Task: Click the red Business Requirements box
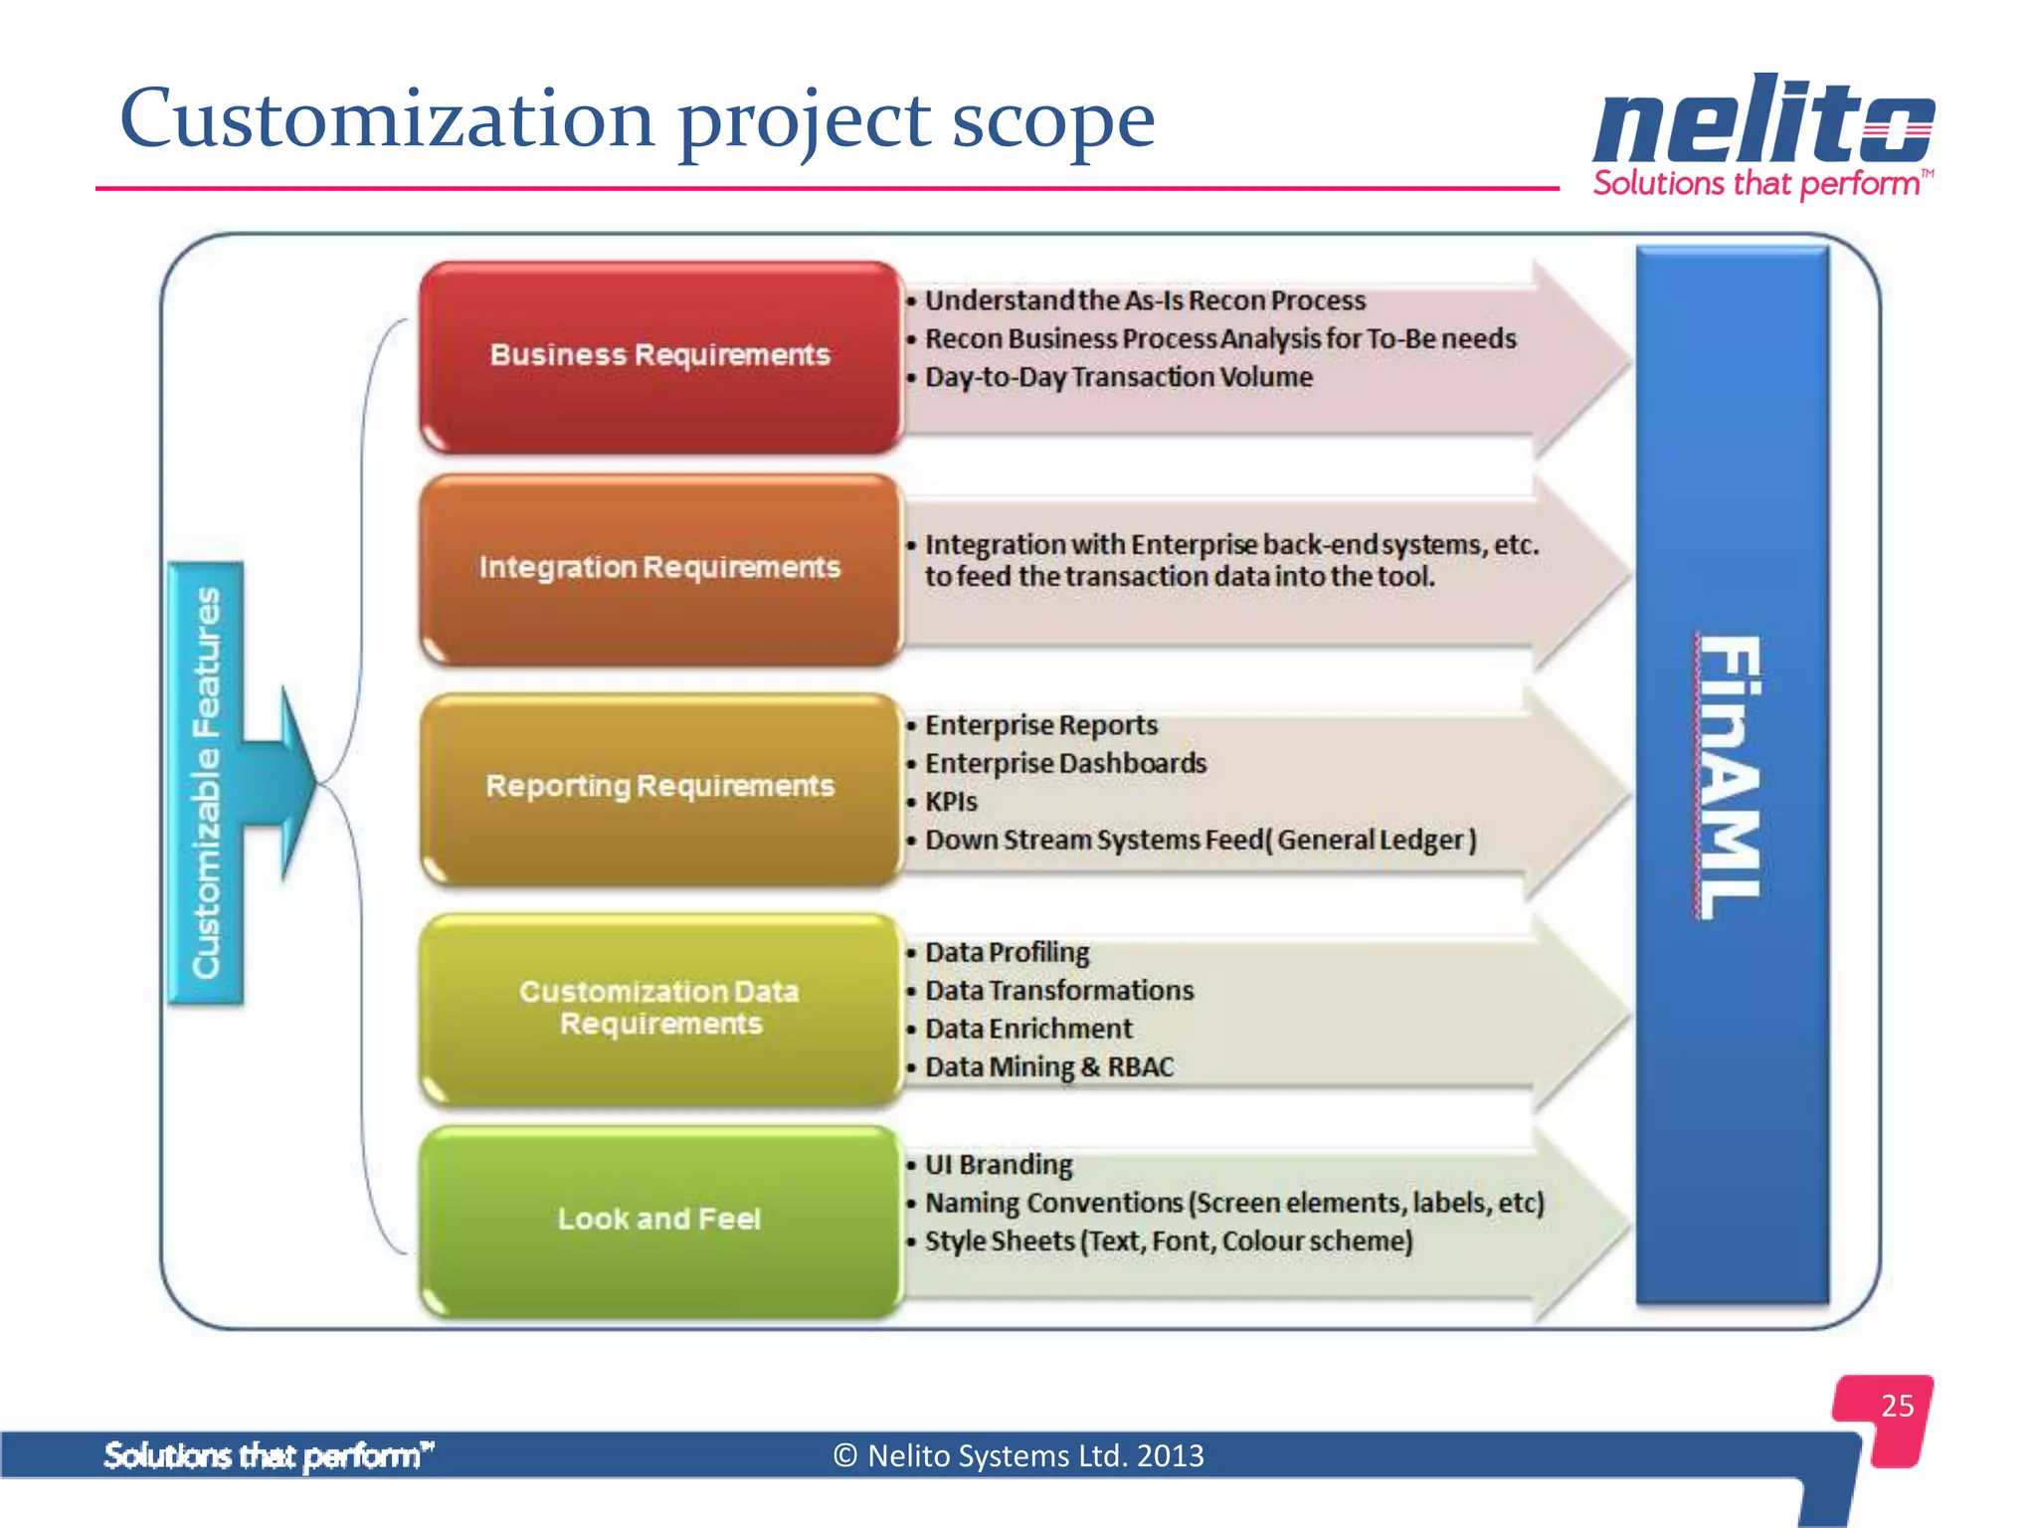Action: click(x=659, y=356)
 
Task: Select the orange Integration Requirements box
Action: click(x=659, y=568)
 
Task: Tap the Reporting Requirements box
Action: click(x=659, y=787)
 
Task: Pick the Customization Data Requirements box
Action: click(x=659, y=1008)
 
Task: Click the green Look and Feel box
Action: click(x=659, y=1220)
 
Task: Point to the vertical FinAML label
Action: click(x=1731, y=776)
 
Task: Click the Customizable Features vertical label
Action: click(x=206, y=783)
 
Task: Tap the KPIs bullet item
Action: click(x=951, y=802)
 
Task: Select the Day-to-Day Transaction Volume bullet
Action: click(x=1118, y=377)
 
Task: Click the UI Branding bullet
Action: click(x=999, y=1165)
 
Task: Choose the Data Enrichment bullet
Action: click(x=1028, y=1029)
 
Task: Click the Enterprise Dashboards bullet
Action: click(x=1065, y=764)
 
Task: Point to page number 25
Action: click(x=1897, y=1406)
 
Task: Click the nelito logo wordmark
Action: click(x=1762, y=121)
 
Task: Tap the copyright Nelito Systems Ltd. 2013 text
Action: click(x=1018, y=1455)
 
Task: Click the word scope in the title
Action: click(x=1052, y=121)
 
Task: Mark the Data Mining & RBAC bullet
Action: click(x=1048, y=1067)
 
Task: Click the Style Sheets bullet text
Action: click(x=1168, y=1241)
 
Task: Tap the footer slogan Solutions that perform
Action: click(x=269, y=1455)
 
